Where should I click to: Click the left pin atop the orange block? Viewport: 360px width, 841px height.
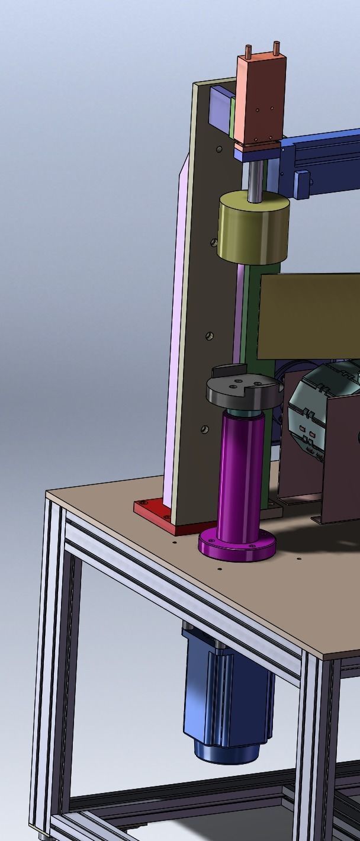248,52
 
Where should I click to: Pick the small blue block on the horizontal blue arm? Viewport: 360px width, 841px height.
303,184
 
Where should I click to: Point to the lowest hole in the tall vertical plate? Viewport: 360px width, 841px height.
204,428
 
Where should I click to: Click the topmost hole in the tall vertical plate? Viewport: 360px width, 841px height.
220,149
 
